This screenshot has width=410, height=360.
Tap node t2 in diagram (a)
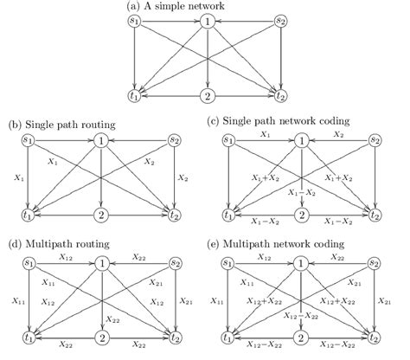(281, 96)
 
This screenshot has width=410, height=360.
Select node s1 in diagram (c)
(229, 140)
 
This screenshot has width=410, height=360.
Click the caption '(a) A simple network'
(205, 6)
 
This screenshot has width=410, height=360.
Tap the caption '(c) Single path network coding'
(291, 124)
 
